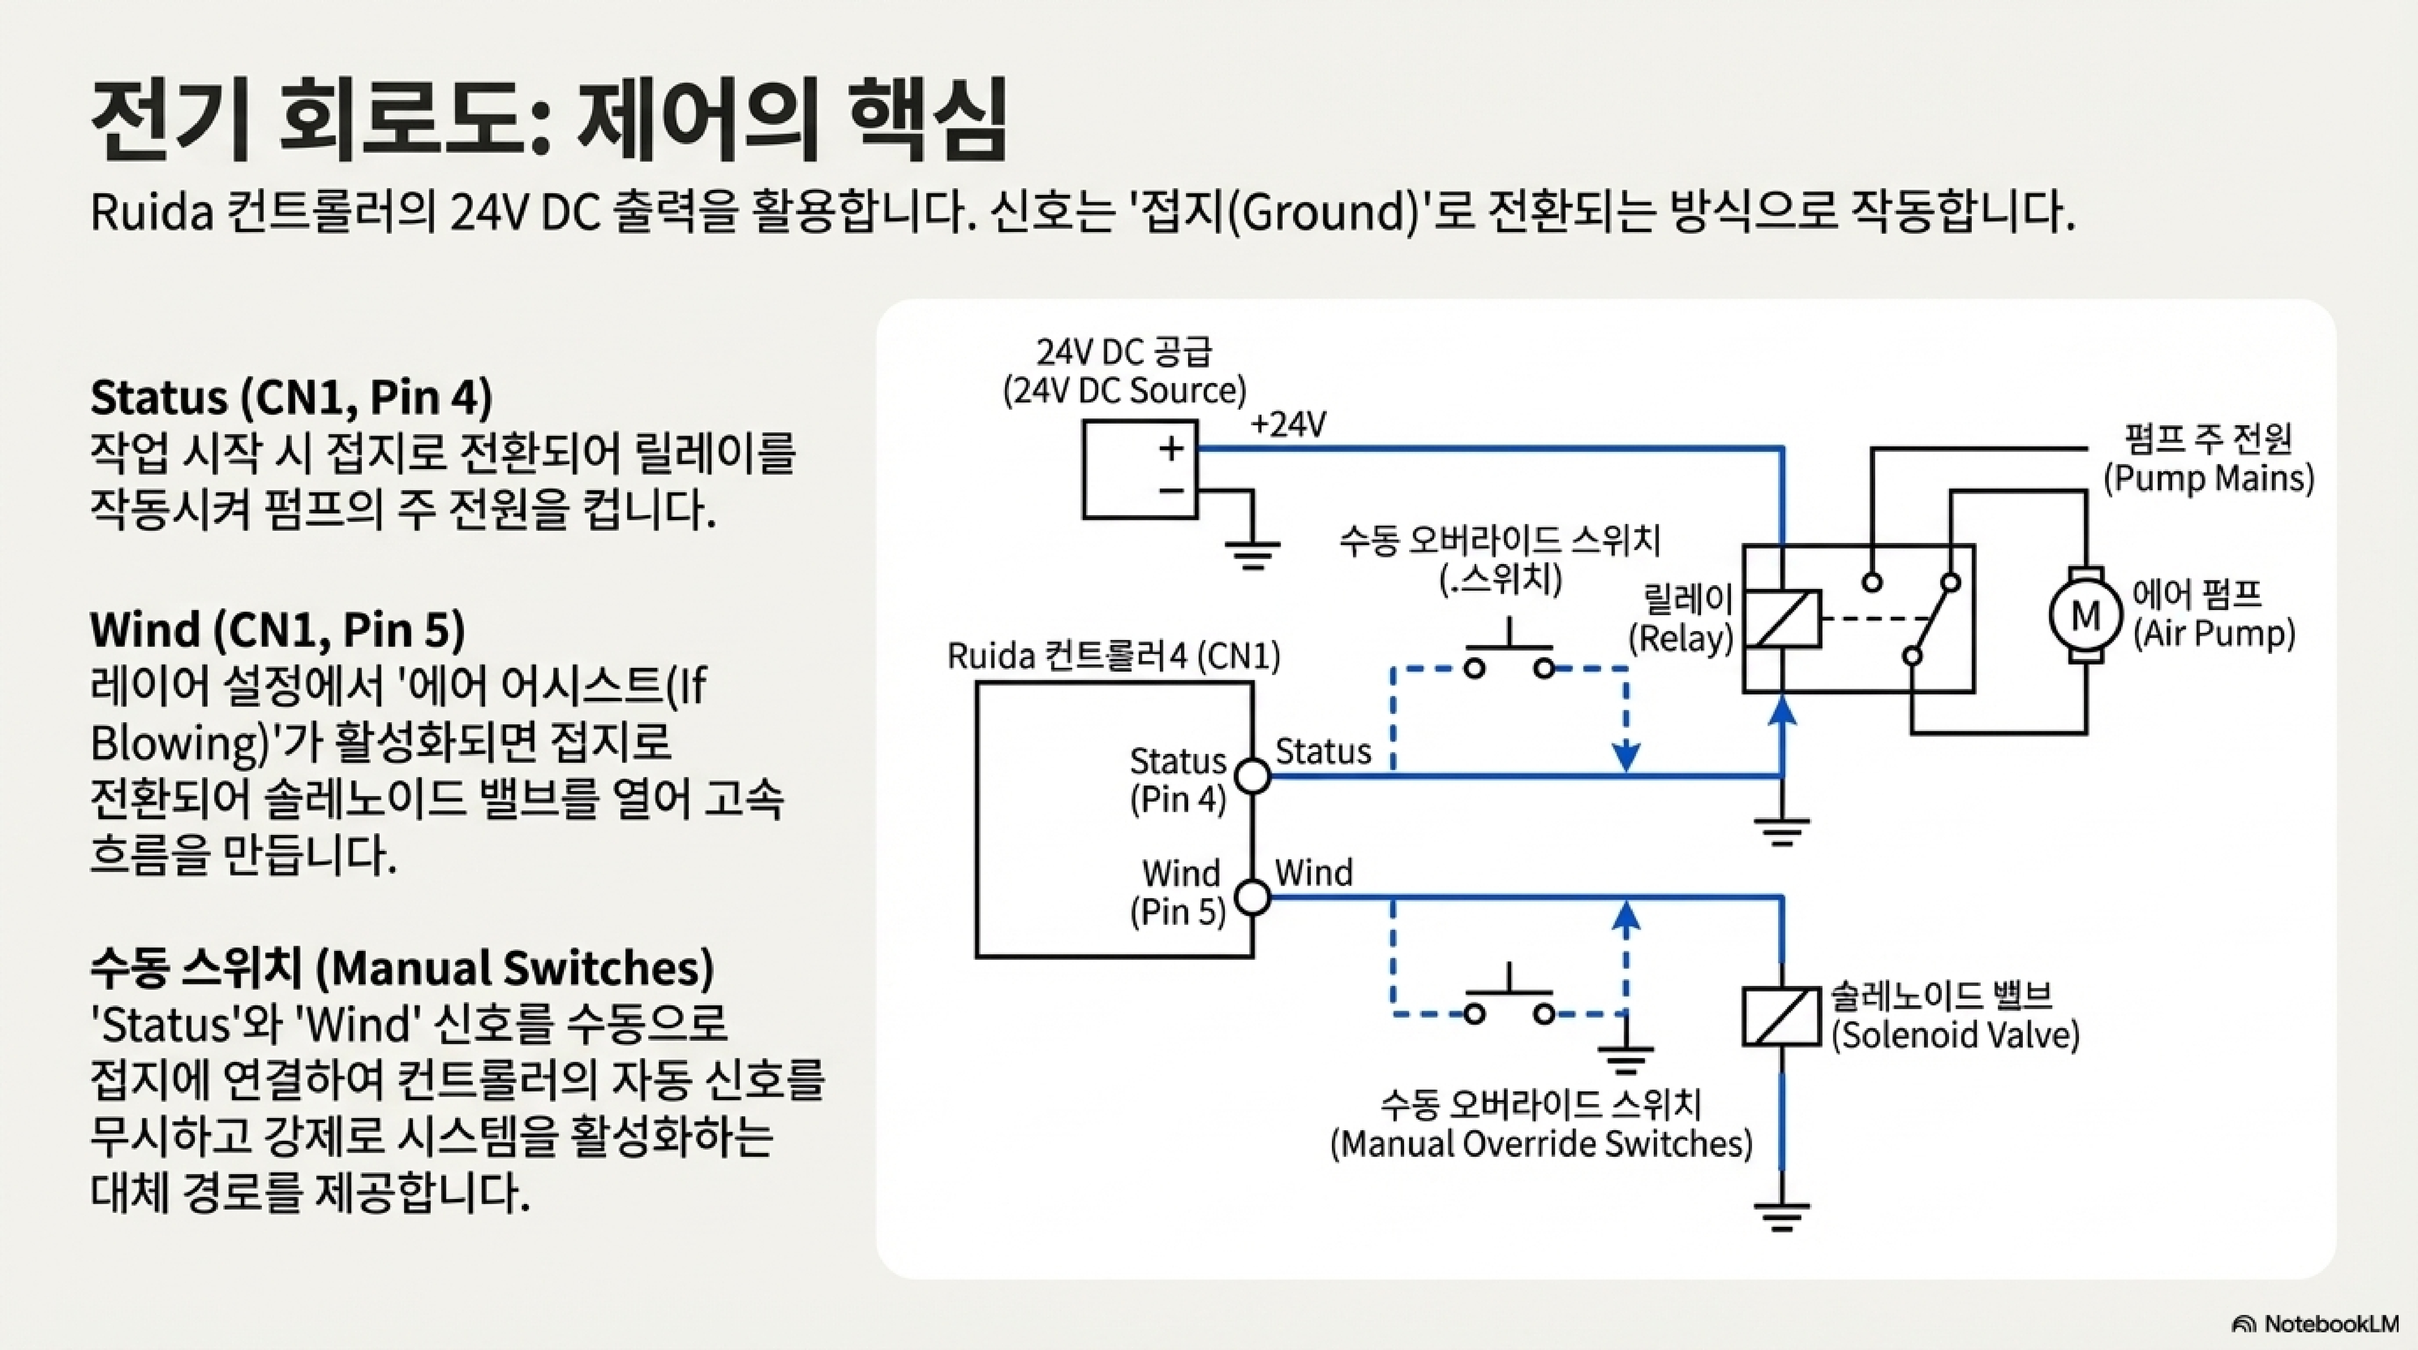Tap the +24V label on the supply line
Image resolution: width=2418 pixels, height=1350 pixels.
pyautogui.click(x=1288, y=425)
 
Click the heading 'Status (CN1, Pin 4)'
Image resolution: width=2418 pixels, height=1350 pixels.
pyautogui.click(x=291, y=398)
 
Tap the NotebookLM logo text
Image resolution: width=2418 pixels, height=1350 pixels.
pyautogui.click(x=2330, y=1324)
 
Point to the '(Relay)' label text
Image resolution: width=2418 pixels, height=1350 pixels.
pyautogui.click(x=1680, y=638)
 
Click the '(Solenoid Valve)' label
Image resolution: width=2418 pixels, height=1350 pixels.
pyautogui.click(x=1955, y=1034)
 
